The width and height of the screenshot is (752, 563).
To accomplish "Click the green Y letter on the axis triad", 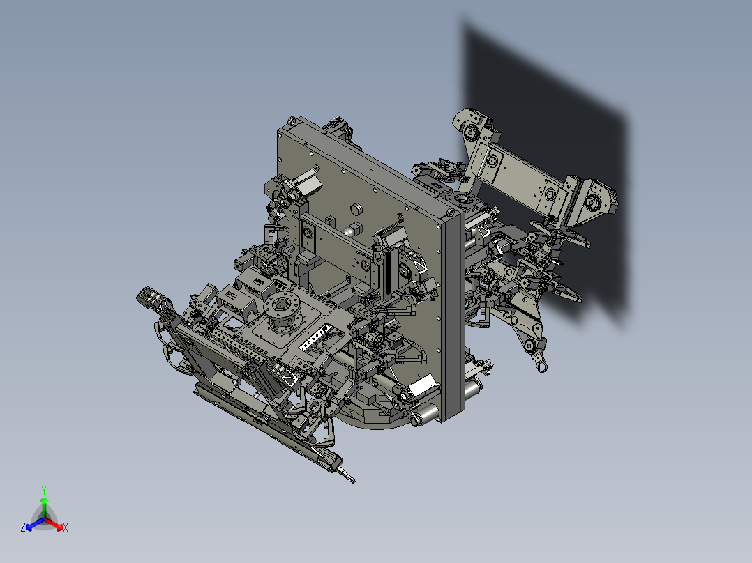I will pyautogui.click(x=43, y=490).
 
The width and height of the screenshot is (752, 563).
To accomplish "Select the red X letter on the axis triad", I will pyautogui.click(x=66, y=527).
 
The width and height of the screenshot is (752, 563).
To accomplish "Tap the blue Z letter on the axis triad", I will pyautogui.click(x=23, y=527).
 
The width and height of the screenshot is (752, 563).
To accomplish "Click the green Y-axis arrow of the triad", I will pyautogui.click(x=44, y=506).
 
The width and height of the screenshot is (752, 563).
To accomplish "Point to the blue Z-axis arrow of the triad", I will pyautogui.click(x=32, y=524).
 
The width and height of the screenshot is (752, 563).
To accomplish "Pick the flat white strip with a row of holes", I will pyautogui.click(x=317, y=336).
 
